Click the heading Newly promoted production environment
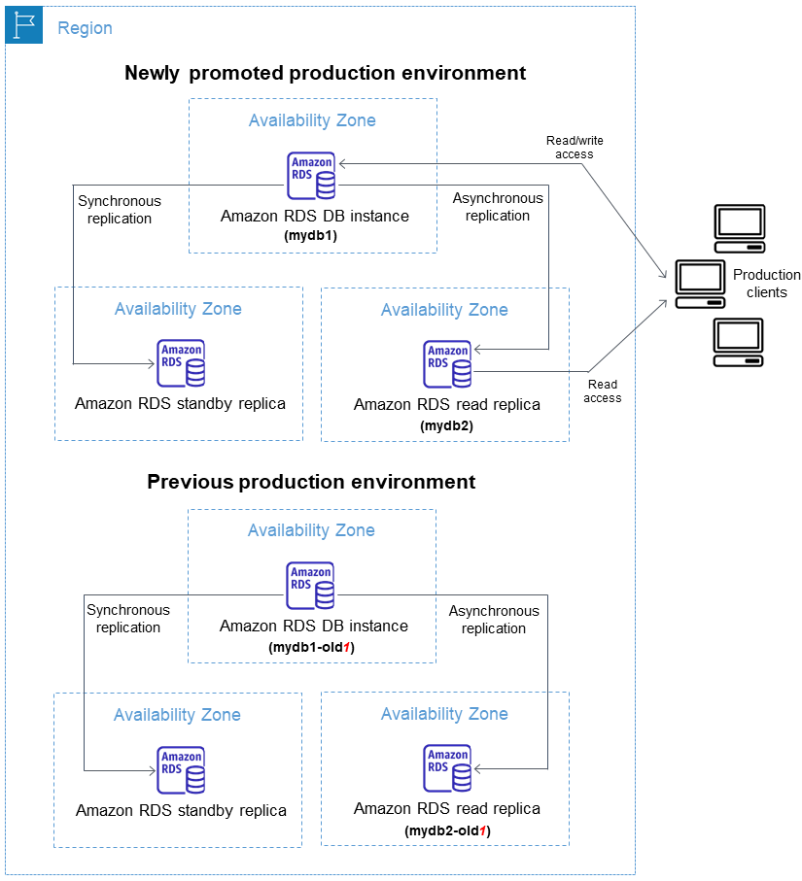(x=325, y=73)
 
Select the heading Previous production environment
(x=311, y=482)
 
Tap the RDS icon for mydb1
(x=311, y=176)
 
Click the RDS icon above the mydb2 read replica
(x=448, y=364)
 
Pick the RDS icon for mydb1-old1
(x=311, y=586)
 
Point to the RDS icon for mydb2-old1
(x=448, y=768)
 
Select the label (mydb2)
(x=445, y=425)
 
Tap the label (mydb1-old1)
(x=310, y=646)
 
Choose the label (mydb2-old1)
(x=447, y=831)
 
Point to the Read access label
(x=603, y=391)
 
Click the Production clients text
(x=766, y=284)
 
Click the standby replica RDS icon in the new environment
(x=182, y=363)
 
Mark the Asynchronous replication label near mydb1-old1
(x=494, y=620)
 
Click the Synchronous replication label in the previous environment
(x=127, y=619)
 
